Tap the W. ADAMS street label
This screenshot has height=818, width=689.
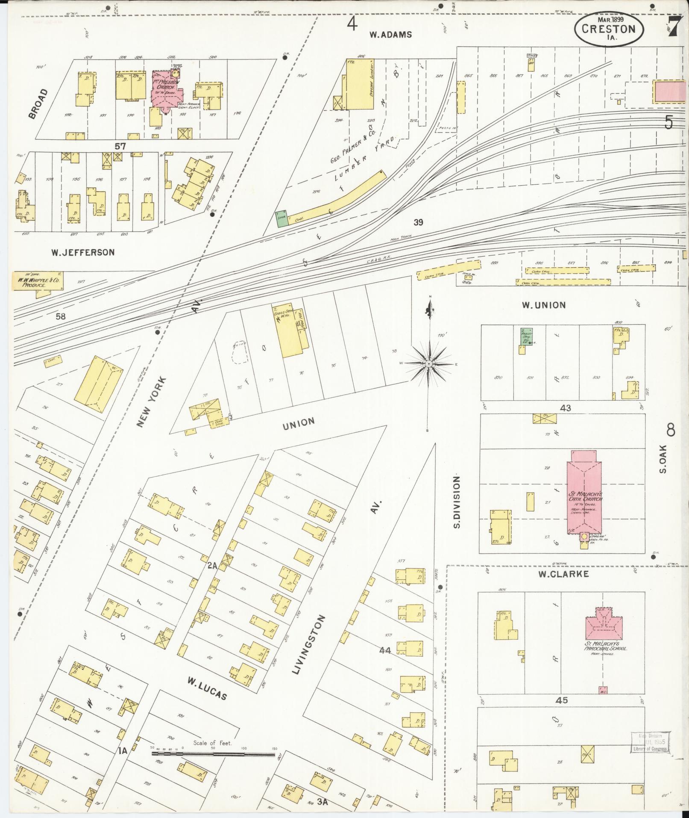coord(390,35)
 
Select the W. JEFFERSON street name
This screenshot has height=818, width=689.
coord(83,252)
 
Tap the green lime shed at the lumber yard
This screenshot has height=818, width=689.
coord(281,219)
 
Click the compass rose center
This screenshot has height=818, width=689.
coord(428,363)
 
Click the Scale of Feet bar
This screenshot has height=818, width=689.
coord(214,755)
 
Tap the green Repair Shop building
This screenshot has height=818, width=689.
coord(525,336)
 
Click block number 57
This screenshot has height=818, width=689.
coord(120,146)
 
